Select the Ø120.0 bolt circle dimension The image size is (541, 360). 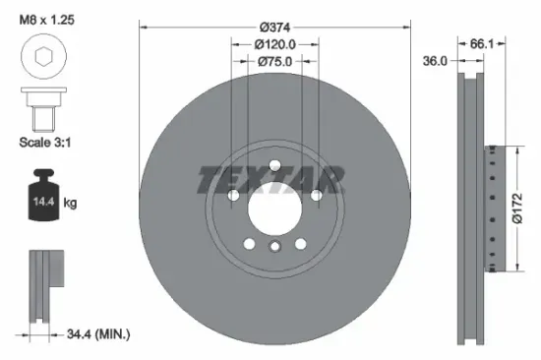pos(274,44)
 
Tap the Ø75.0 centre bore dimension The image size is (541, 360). pos(274,61)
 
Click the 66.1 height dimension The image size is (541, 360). pos(481,43)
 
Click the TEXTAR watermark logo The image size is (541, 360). pos(271,179)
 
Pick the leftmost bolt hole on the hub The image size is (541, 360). pos(233,197)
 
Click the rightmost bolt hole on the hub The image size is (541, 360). pos(316,197)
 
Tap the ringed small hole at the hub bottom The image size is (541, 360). pos(274,247)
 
